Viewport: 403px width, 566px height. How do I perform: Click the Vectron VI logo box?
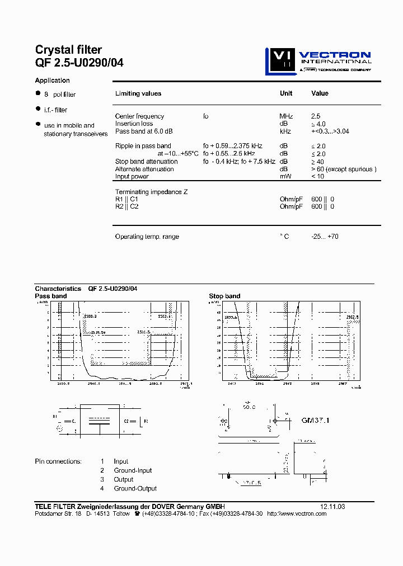(279, 61)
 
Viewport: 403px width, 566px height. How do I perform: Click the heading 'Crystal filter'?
(68, 50)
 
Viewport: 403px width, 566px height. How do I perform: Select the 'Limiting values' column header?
(138, 93)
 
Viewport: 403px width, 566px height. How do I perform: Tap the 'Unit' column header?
(286, 93)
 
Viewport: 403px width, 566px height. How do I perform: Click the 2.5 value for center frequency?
(316, 116)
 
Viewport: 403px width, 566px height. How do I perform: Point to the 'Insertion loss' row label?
(134, 124)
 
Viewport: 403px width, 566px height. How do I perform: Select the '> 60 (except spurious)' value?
(344, 169)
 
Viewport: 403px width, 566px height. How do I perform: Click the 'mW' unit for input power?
(285, 177)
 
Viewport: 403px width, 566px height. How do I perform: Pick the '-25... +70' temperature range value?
(325, 237)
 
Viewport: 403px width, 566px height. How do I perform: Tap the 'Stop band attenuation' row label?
(146, 162)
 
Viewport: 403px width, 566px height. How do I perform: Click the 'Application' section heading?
(52, 81)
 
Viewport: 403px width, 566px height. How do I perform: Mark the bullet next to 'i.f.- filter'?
(38, 109)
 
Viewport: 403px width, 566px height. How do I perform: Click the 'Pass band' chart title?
(50, 296)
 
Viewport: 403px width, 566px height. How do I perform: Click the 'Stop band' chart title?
(224, 296)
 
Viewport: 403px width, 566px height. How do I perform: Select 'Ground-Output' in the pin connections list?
(135, 488)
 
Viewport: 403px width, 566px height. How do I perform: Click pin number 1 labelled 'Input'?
(102, 461)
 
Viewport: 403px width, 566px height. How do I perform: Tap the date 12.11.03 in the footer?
(332, 507)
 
